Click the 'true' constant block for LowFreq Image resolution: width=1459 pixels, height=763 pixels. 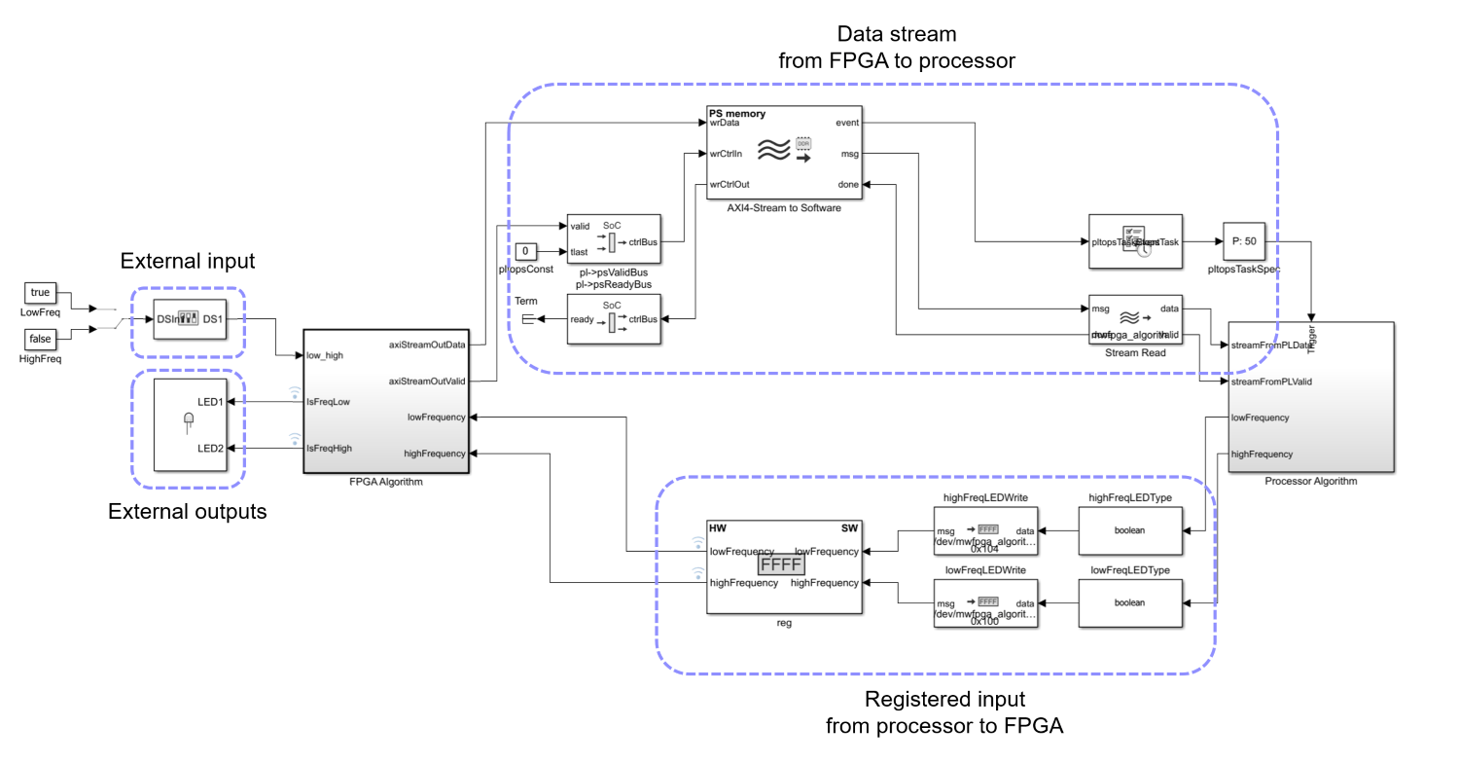[x=40, y=292]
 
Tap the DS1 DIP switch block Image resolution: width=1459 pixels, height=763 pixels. [x=191, y=318]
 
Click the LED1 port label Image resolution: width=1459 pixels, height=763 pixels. [x=211, y=401]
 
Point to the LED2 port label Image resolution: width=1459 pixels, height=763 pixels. [x=211, y=448]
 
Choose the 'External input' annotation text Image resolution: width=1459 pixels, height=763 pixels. [x=187, y=261]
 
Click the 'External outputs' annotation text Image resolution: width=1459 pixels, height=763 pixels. [x=187, y=511]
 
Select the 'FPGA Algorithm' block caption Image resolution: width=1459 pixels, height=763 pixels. [x=386, y=481]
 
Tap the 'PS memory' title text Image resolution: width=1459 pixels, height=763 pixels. [x=737, y=114]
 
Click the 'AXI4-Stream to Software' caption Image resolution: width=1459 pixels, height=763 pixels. [x=785, y=207]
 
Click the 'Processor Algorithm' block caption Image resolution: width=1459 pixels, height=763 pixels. [x=1310, y=481]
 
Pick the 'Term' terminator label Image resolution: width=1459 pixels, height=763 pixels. [x=526, y=302]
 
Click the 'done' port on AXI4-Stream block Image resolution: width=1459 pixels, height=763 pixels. [x=847, y=185]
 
